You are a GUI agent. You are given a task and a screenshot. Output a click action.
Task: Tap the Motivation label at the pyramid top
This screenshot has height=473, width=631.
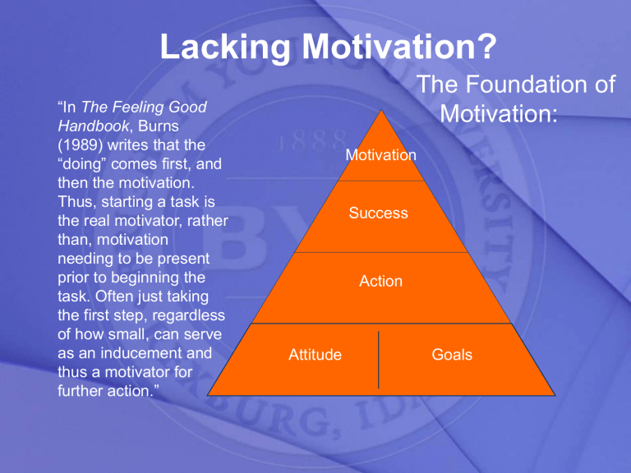coord(380,155)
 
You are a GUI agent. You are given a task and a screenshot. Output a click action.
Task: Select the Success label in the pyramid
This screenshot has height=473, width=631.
coord(378,214)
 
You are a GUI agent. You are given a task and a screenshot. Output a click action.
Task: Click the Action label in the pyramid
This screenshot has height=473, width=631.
coord(380,281)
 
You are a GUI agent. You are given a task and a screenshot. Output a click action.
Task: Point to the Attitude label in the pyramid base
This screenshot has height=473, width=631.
coord(315,356)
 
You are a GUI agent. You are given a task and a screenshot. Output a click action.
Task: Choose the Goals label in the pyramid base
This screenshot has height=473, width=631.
coord(452,356)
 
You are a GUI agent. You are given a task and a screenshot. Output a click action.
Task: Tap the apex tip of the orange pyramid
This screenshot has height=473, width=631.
coord(380,108)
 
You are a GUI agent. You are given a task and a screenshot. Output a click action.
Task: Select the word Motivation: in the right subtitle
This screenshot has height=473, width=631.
coord(499,113)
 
